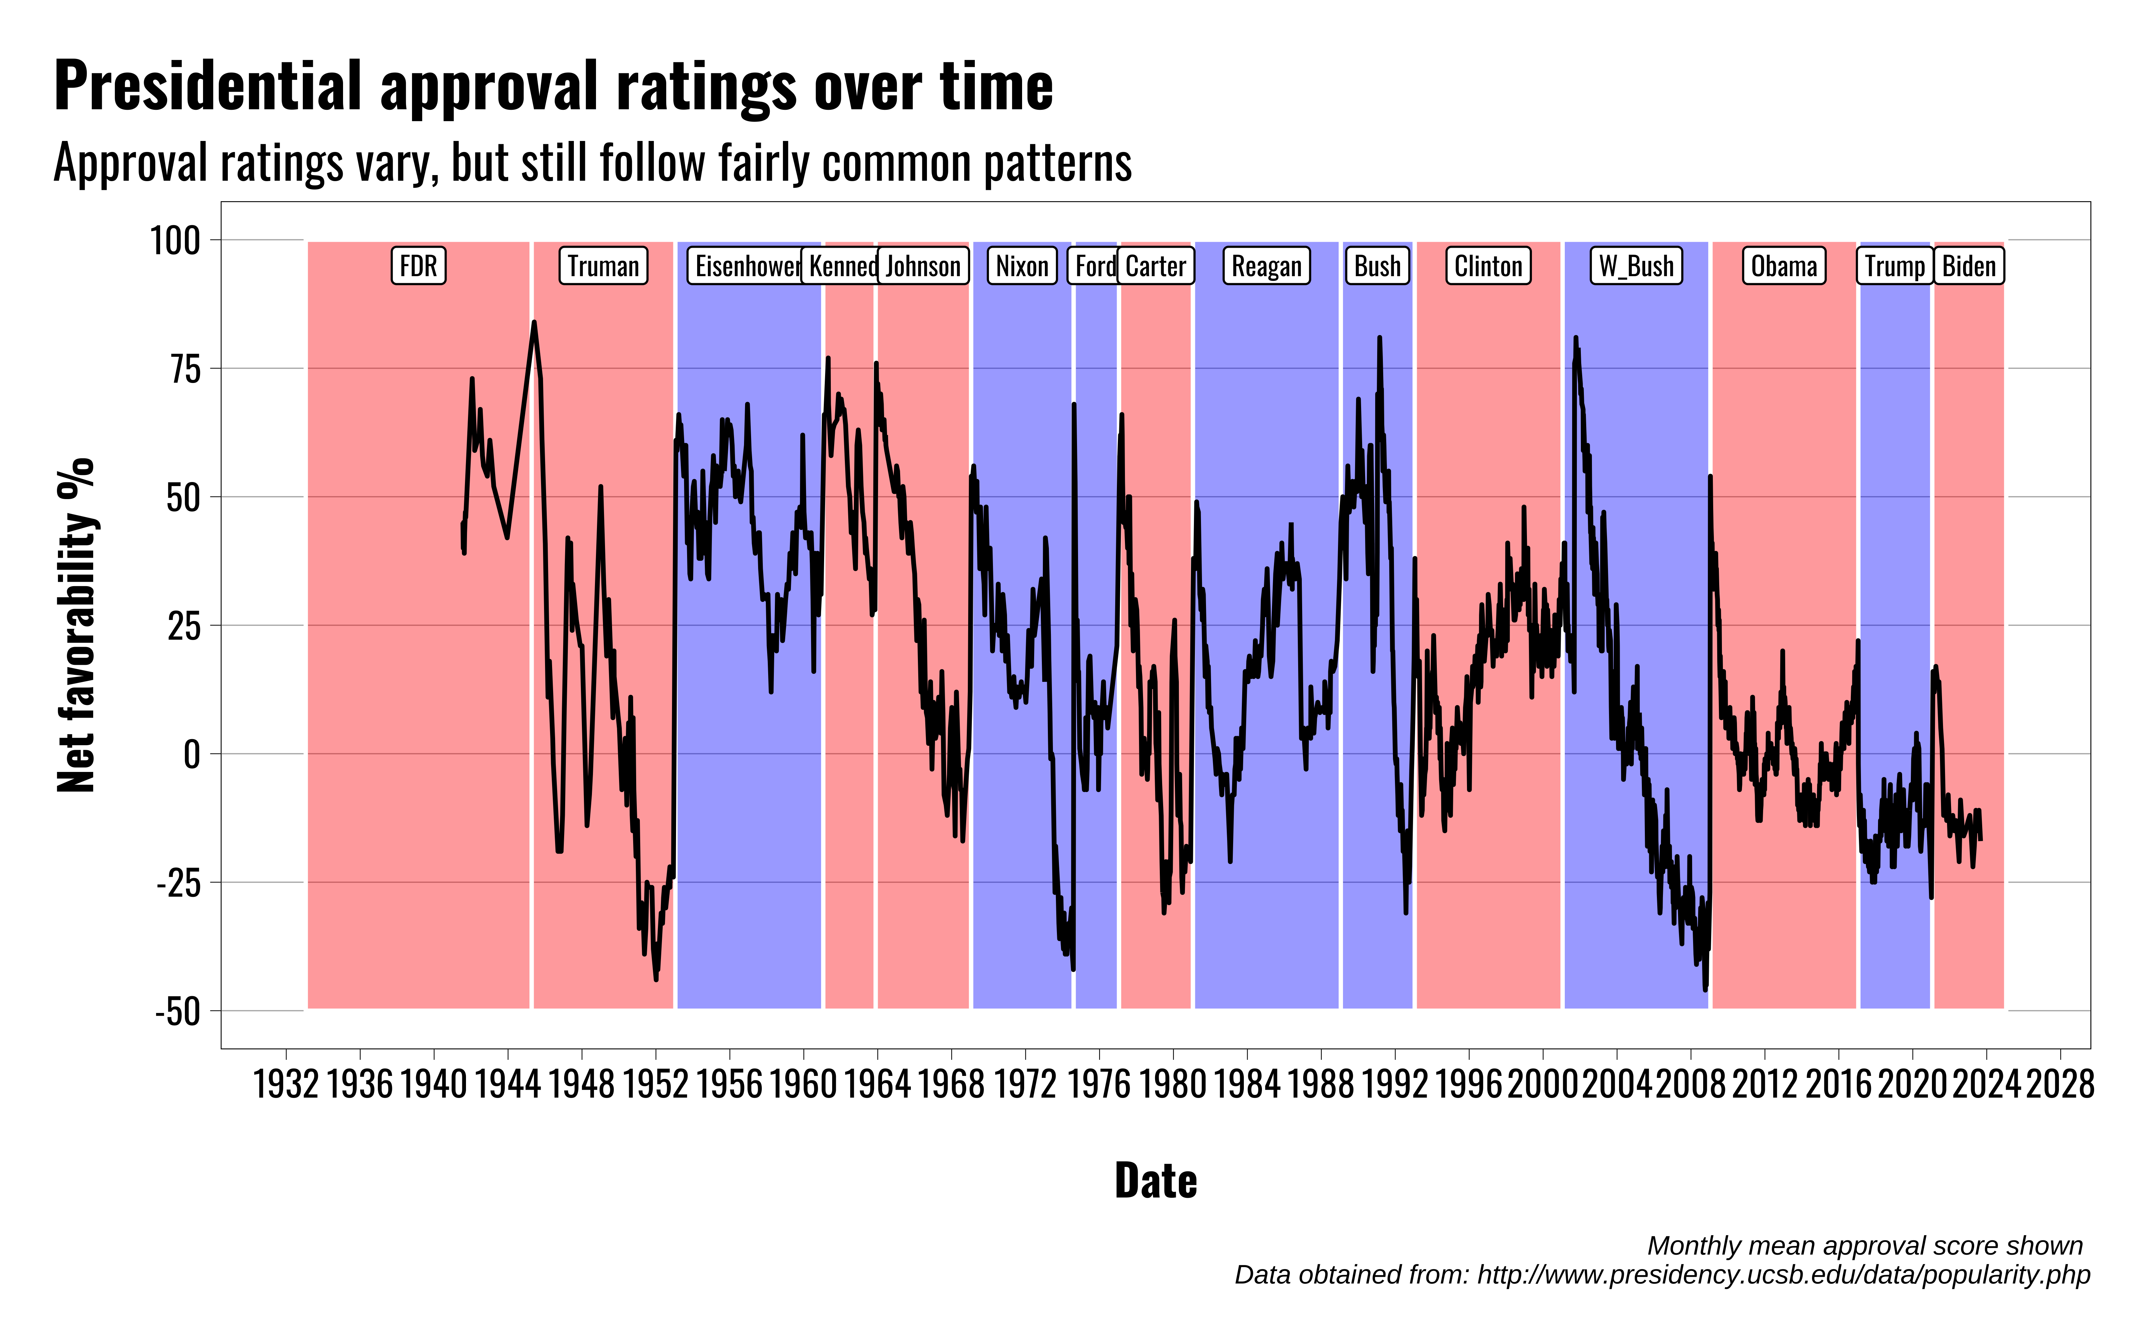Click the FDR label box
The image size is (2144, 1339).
(x=418, y=266)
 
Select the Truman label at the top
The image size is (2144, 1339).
(x=603, y=266)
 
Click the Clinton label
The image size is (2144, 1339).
(x=1488, y=266)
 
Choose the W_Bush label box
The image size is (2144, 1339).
(x=1636, y=266)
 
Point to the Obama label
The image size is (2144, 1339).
(x=1784, y=266)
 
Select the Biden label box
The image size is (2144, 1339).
(x=1968, y=266)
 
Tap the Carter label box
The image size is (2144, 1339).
(x=1156, y=266)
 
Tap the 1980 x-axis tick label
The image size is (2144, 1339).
(x=1173, y=1084)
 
